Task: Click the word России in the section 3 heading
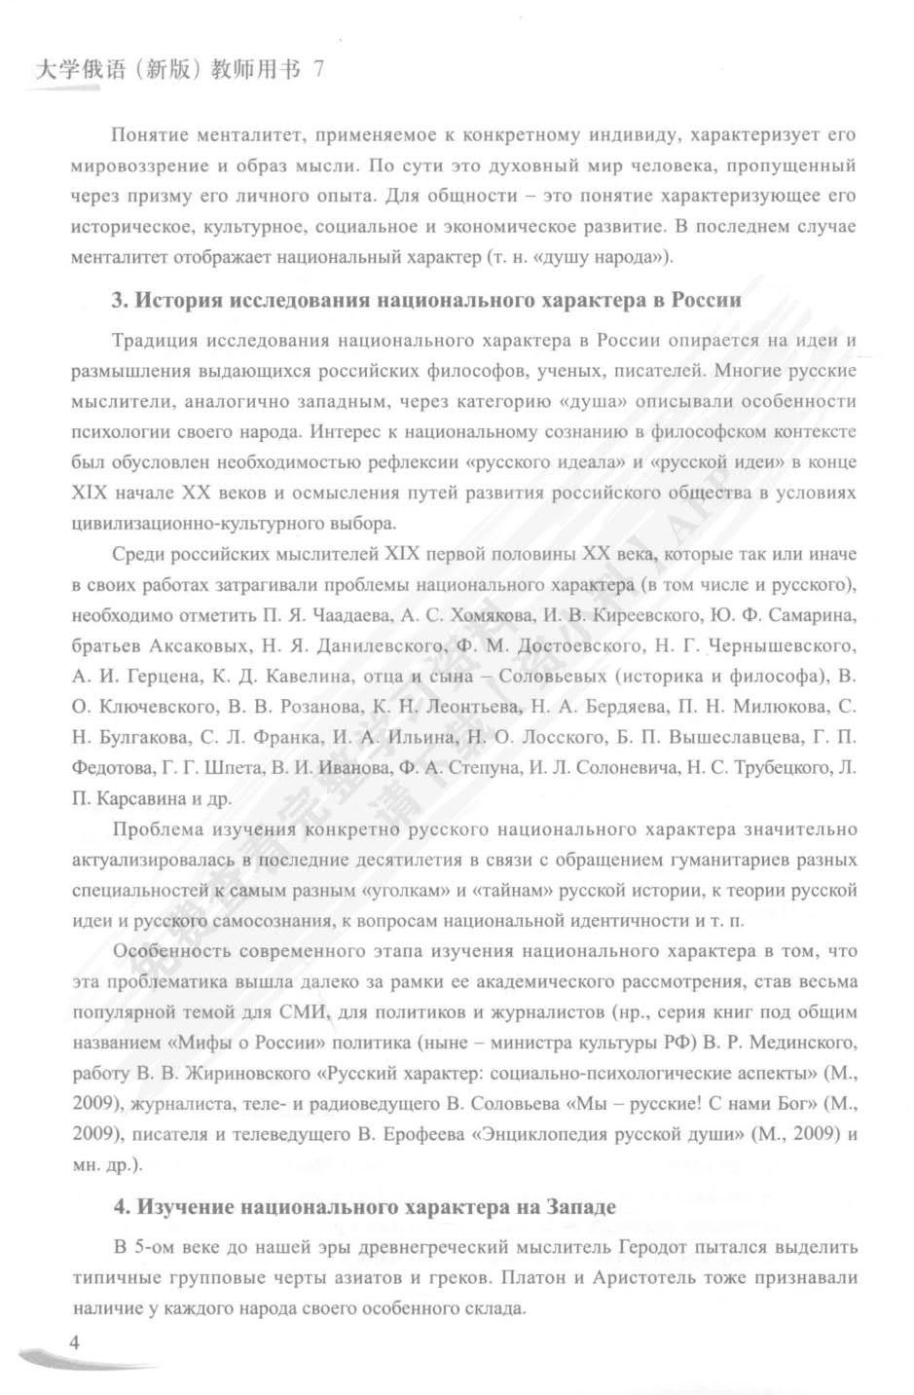[704, 300]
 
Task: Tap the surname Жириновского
[247, 1074]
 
